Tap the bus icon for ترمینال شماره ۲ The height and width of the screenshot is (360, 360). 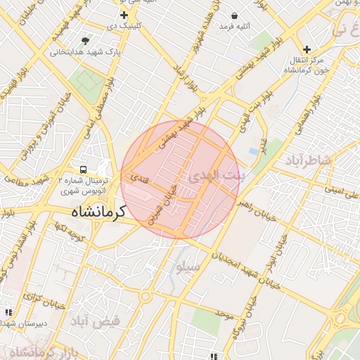point(84,169)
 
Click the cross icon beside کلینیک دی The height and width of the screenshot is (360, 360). point(124,15)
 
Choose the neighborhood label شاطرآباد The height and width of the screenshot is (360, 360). point(307,161)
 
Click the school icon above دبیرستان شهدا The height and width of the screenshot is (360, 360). point(8,311)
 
